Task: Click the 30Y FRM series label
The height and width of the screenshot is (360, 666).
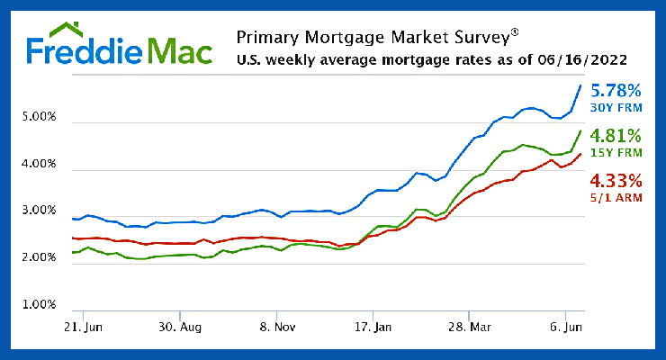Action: tap(616, 108)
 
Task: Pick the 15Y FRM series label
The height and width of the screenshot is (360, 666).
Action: tap(616, 154)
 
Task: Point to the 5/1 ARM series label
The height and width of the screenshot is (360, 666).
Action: tap(616, 197)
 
